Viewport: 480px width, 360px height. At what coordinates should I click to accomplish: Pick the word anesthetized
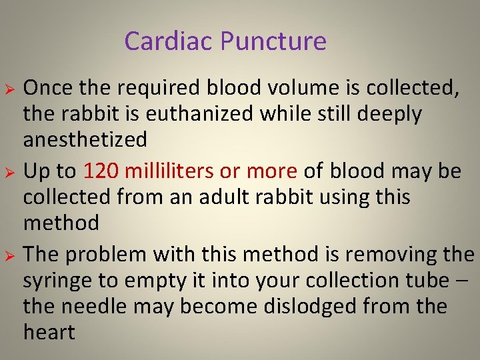(x=85, y=139)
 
